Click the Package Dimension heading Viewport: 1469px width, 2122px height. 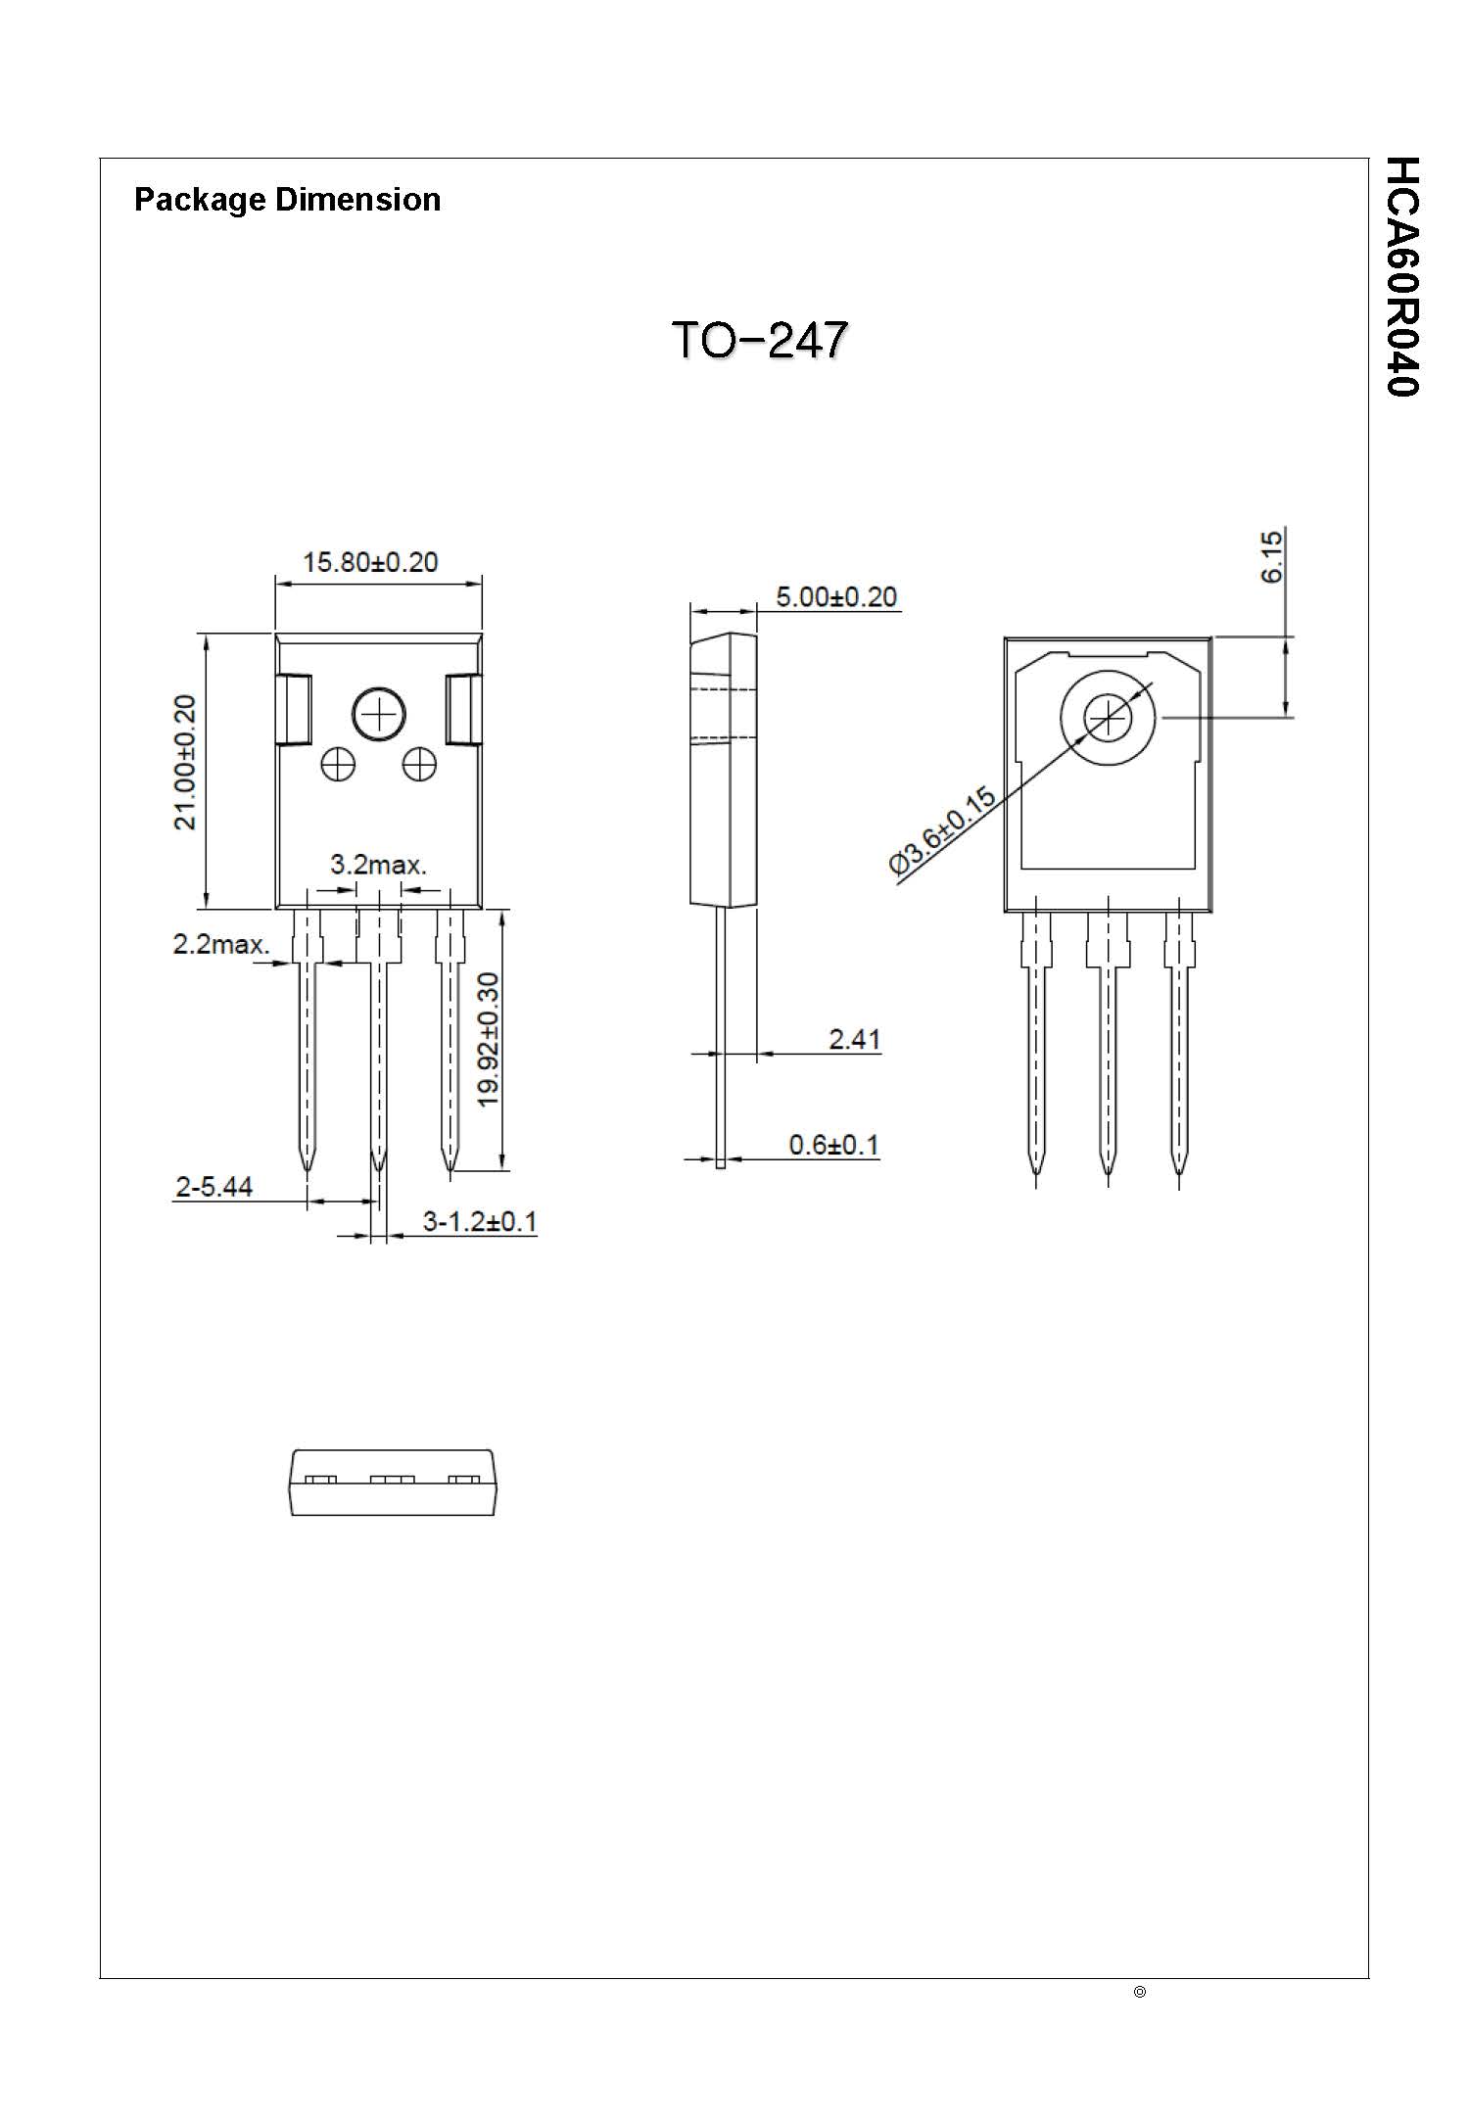coord(287,200)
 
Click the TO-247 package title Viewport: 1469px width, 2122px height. coord(759,340)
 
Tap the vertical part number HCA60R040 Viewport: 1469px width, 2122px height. coord(1402,276)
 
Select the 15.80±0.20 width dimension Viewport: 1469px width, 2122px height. coord(370,562)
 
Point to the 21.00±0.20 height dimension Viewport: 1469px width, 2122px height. coord(185,762)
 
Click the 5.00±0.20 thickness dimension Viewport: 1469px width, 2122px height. coord(835,596)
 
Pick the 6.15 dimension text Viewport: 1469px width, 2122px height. coord(1271,556)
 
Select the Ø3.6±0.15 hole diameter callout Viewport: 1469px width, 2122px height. coord(942,830)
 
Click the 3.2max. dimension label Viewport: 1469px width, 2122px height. coord(378,865)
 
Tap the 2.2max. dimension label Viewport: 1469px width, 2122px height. coord(221,944)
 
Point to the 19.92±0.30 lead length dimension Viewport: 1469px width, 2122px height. coord(488,1039)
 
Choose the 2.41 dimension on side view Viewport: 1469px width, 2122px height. coord(854,1038)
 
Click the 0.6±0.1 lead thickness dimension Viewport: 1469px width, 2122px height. coord(833,1144)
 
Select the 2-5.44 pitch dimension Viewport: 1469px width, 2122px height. coord(213,1187)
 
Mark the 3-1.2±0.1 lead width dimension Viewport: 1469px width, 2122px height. coord(479,1221)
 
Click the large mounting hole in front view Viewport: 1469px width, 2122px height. coord(379,714)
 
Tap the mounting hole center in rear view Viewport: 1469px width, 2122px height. coord(1108,718)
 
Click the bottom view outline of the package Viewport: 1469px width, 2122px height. coord(392,1483)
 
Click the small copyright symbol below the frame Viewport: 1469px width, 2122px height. coord(1139,1992)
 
